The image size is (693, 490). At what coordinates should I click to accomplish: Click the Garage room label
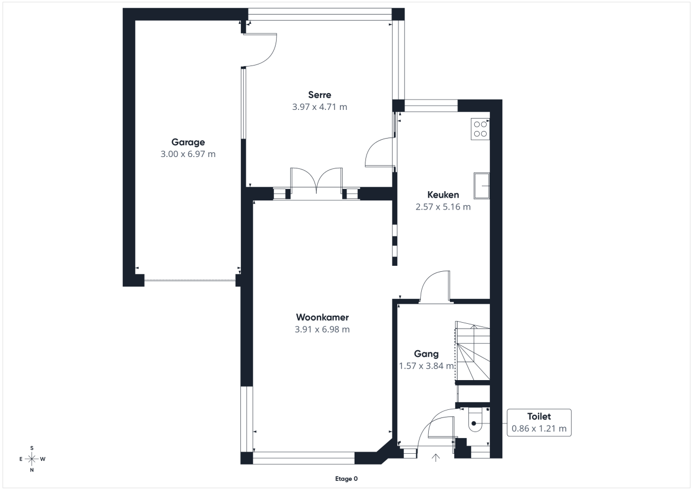[x=188, y=142]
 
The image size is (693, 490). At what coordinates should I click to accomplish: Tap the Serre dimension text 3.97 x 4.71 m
[x=319, y=107]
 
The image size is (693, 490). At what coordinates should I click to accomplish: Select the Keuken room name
[x=443, y=195]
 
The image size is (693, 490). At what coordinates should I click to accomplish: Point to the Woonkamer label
[x=322, y=317]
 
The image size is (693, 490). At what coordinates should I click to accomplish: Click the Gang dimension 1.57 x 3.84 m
[x=426, y=366]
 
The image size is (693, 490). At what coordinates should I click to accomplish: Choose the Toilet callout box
[x=539, y=422]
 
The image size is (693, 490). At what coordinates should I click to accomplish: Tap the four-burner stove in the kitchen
[x=480, y=129]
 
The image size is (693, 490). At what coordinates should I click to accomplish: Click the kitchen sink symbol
[x=481, y=186]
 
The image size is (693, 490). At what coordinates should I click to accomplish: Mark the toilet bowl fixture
[x=475, y=420]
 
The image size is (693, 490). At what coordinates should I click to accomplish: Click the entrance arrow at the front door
[x=436, y=458]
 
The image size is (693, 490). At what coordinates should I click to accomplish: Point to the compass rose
[x=32, y=459]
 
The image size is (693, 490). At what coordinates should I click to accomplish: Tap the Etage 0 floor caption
[x=346, y=479]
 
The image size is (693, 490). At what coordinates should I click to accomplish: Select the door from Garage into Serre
[x=259, y=49]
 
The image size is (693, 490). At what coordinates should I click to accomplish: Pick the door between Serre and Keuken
[x=380, y=152]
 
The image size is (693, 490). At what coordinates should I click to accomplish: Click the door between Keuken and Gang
[x=435, y=286]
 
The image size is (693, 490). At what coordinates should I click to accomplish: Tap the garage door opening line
[x=190, y=280]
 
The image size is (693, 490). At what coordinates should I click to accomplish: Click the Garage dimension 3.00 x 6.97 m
[x=188, y=154]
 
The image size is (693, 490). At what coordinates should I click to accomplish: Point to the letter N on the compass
[x=32, y=470]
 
